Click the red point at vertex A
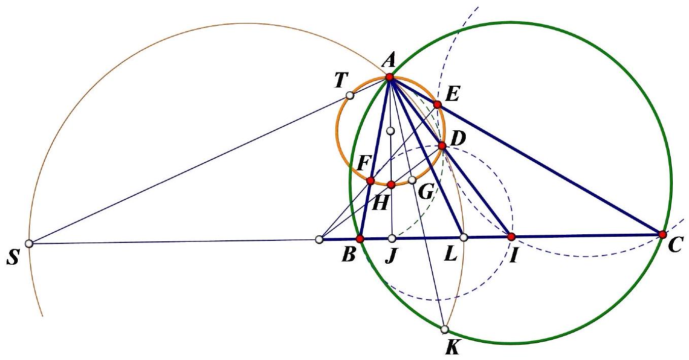pos(390,77)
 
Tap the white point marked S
pos(29,243)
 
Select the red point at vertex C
pos(663,235)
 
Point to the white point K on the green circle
pos(444,330)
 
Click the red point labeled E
pos(437,105)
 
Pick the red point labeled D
pos(442,146)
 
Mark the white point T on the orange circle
pos(350,95)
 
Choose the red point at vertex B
pos(360,239)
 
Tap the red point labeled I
pos(511,237)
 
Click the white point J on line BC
pos(392,238)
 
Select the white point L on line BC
pos(464,237)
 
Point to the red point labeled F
pos(370,181)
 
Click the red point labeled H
pos(391,185)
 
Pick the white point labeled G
pos(412,180)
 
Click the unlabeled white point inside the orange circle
pos(390,131)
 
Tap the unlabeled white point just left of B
pos(319,239)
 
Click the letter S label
pos(13,257)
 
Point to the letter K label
pos(453,348)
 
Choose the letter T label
pos(341,80)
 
